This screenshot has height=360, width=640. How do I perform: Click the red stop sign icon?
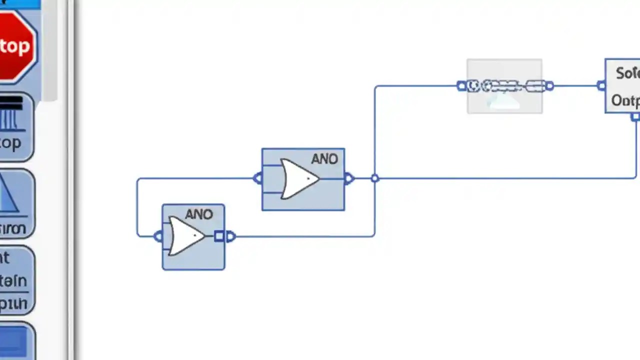click(x=16, y=46)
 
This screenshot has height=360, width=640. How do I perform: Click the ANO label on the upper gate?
click(x=324, y=159)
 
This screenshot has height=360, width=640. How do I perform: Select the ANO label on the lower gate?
click(x=199, y=214)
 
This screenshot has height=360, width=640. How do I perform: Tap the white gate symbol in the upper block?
click(x=299, y=178)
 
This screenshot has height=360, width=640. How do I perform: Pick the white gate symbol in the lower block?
click(x=186, y=236)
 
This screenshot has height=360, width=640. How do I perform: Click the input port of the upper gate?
click(x=257, y=178)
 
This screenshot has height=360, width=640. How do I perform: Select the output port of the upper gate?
click(x=349, y=178)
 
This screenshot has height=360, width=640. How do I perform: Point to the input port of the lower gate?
click(x=158, y=236)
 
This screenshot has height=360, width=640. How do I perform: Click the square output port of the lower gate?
click(x=219, y=236)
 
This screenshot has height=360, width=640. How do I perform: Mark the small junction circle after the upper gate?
click(x=375, y=178)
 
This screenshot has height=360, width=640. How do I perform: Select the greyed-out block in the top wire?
click(x=504, y=86)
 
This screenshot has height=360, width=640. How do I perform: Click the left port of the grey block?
click(x=461, y=86)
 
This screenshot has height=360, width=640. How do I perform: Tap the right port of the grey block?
click(x=549, y=86)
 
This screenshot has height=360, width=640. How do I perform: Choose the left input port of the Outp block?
click(x=601, y=86)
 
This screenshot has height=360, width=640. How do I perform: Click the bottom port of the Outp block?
click(x=635, y=117)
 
